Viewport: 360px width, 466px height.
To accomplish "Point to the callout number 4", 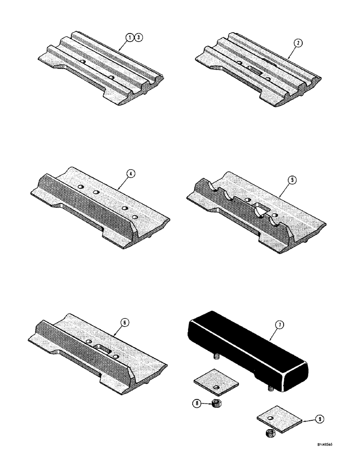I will (132, 174).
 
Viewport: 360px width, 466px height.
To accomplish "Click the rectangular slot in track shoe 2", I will (256, 70).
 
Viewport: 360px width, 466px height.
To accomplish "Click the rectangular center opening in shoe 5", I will (245, 205).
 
